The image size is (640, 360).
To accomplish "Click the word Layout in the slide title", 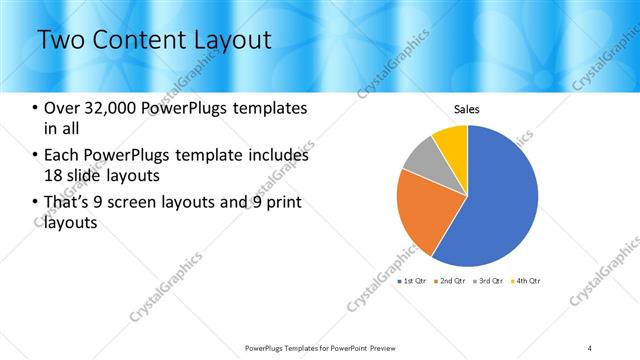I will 228,40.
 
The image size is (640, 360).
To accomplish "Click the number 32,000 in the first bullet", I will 109,108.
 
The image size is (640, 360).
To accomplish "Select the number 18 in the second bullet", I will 52,176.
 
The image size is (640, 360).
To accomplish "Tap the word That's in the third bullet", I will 67,204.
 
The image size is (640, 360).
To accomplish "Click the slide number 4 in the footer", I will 590,347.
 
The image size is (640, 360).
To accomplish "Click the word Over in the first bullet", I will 61,108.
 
